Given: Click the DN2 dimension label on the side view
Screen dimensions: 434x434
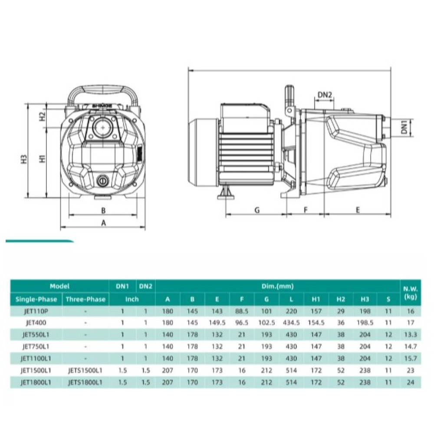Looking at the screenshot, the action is (324, 95).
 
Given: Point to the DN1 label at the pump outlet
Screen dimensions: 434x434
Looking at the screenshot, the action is (404, 127).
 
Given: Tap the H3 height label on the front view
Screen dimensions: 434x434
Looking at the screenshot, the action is (24, 159).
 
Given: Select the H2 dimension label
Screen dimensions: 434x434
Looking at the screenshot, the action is (42, 116).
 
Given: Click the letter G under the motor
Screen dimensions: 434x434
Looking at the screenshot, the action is (257, 210).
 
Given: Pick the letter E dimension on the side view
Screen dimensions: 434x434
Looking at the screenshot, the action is (357, 210).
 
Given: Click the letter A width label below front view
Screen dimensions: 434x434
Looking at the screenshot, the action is (104, 223).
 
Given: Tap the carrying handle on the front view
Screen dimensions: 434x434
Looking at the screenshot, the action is (103, 94).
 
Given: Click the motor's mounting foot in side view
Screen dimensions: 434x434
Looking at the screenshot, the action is (227, 192).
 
